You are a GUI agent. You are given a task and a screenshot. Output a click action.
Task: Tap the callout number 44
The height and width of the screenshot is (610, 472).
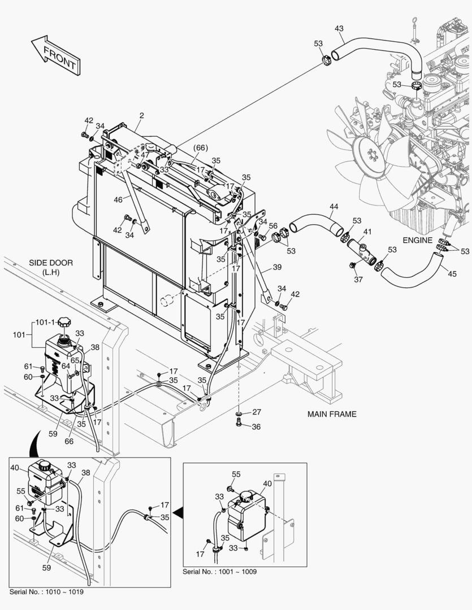pyautogui.click(x=334, y=207)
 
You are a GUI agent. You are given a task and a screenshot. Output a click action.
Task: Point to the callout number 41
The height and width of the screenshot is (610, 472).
pyautogui.click(x=367, y=232)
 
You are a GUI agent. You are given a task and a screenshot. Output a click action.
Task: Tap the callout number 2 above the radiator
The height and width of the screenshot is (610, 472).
pyautogui.click(x=141, y=115)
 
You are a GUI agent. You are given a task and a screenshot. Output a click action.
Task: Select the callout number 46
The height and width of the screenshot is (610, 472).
pyautogui.click(x=118, y=199)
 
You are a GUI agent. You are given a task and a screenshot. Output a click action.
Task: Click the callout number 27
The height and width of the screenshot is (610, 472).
pyautogui.click(x=256, y=412)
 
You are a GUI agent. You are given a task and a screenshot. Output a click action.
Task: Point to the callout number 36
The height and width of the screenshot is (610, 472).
pyautogui.click(x=256, y=427)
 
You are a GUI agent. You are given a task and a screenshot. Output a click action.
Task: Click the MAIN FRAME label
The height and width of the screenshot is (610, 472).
pyautogui.click(x=332, y=414)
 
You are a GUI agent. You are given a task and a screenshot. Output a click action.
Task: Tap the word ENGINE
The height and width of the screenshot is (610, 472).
pyautogui.click(x=417, y=240)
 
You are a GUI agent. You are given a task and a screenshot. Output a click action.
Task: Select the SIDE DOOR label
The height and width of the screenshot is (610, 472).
pyautogui.click(x=51, y=267)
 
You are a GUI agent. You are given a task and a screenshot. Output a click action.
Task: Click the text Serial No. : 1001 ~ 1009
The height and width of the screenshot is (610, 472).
pyautogui.click(x=219, y=572)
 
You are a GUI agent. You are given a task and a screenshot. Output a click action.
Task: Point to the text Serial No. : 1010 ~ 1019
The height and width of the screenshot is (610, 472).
pyautogui.click(x=47, y=591)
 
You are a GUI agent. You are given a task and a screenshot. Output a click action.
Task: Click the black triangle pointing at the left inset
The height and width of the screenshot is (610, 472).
pyautogui.click(x=178, y=512)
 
